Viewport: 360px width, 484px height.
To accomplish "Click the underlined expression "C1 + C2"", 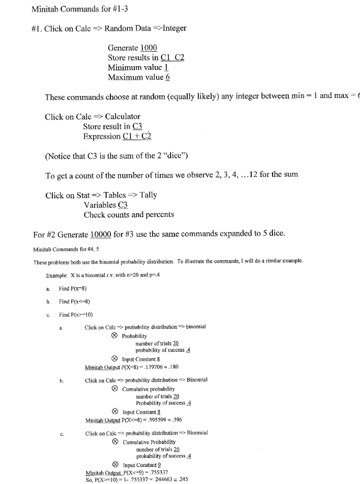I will [137, 136].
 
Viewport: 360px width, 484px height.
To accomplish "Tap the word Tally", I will [147, 195].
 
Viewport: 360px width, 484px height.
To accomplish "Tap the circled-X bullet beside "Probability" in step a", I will [115, 336].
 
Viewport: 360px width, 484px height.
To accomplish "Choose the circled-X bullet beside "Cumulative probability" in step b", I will [115, 389].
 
